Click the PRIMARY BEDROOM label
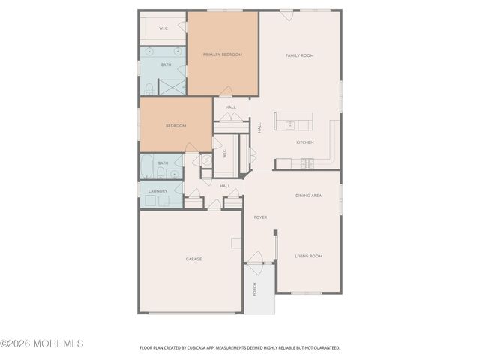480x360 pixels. click(x=222, y=55)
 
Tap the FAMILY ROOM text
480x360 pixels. click(x=299, y=55)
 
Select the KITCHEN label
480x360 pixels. click(x=304, y=142)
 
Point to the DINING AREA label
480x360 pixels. click(x=308, y=196)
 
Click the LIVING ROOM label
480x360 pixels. click(x=308, y=256)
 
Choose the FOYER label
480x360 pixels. click(x=260, y=217)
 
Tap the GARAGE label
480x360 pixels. click(x=193, y=259)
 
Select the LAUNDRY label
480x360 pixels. click(x=157, y=191)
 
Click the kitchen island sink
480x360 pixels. click(x=289, y=124)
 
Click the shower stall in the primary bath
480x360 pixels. click(x=172, y=86)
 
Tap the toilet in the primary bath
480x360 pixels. click(x=148, y=88)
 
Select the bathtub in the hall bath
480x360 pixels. click(x=147, y=166)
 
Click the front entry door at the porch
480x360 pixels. click(x=256, y=258)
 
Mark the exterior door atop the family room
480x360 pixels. click(x=286, y=15)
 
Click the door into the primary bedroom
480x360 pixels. click(x=226, y=91)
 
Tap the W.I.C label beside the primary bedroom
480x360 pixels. click(x=163, y=28)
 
